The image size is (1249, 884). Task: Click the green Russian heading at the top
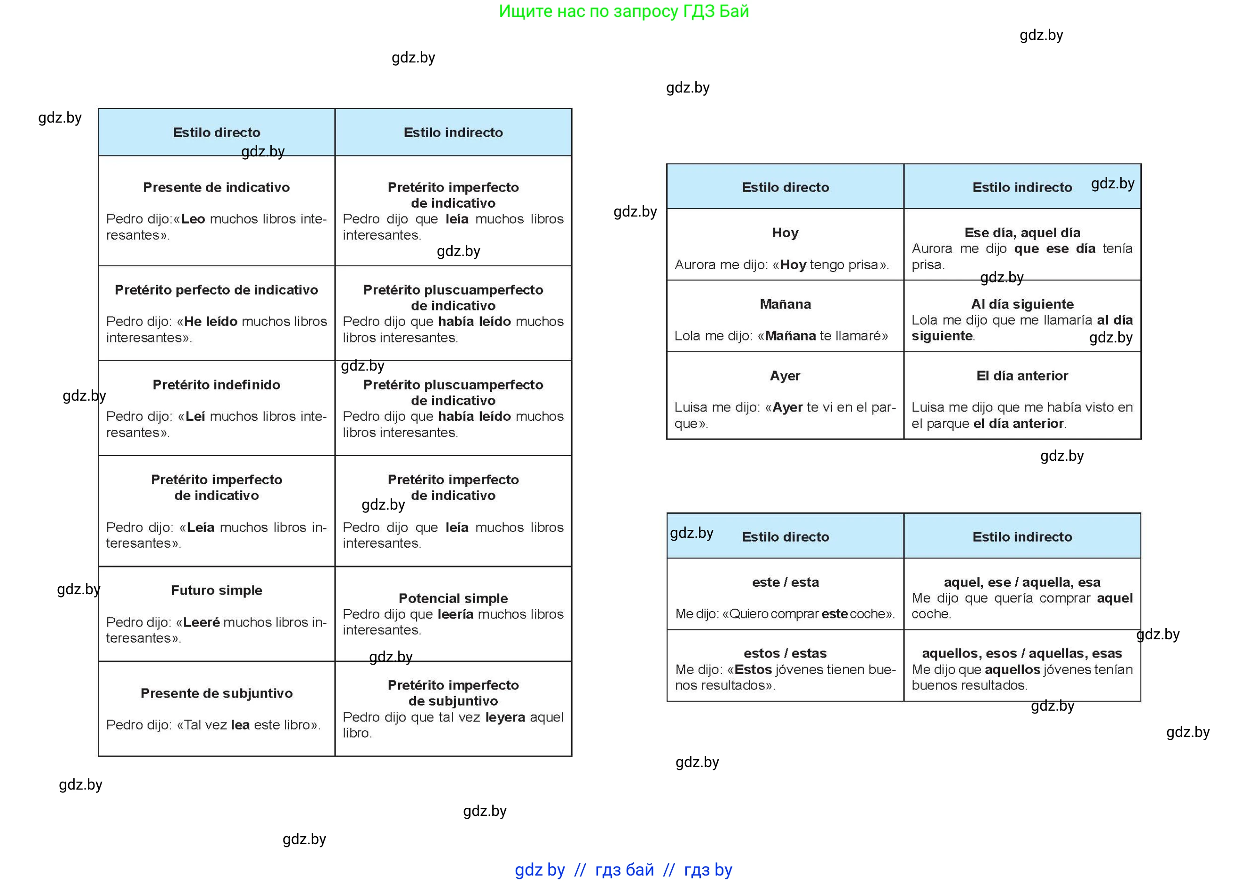(x=624, y=11)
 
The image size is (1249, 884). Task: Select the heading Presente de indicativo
(x=216, y=187)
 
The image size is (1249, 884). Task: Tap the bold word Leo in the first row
(x=193, y=219)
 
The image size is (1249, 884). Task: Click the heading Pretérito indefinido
(x=216, y=385)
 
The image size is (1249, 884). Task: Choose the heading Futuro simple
(x=216, y=590)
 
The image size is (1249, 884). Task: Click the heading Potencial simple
(x=453, y=598)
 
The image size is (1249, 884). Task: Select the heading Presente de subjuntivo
(x=216, y=693)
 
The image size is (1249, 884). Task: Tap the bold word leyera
(x=505, y=717)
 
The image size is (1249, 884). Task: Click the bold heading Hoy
(x=785, y=233)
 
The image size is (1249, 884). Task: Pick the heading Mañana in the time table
(x=785, y=304)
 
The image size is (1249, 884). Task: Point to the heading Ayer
(x=785, y=376)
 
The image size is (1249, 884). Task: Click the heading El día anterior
(x=1022, y=376)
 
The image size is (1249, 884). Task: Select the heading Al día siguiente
(x=1022, y=304)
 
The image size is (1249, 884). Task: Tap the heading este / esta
(x=785, y=582)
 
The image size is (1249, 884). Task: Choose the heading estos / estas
(x=785, y=653)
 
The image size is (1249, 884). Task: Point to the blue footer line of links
(x=624, y=870)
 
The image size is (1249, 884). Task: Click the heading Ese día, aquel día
(x=1022, y=233)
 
